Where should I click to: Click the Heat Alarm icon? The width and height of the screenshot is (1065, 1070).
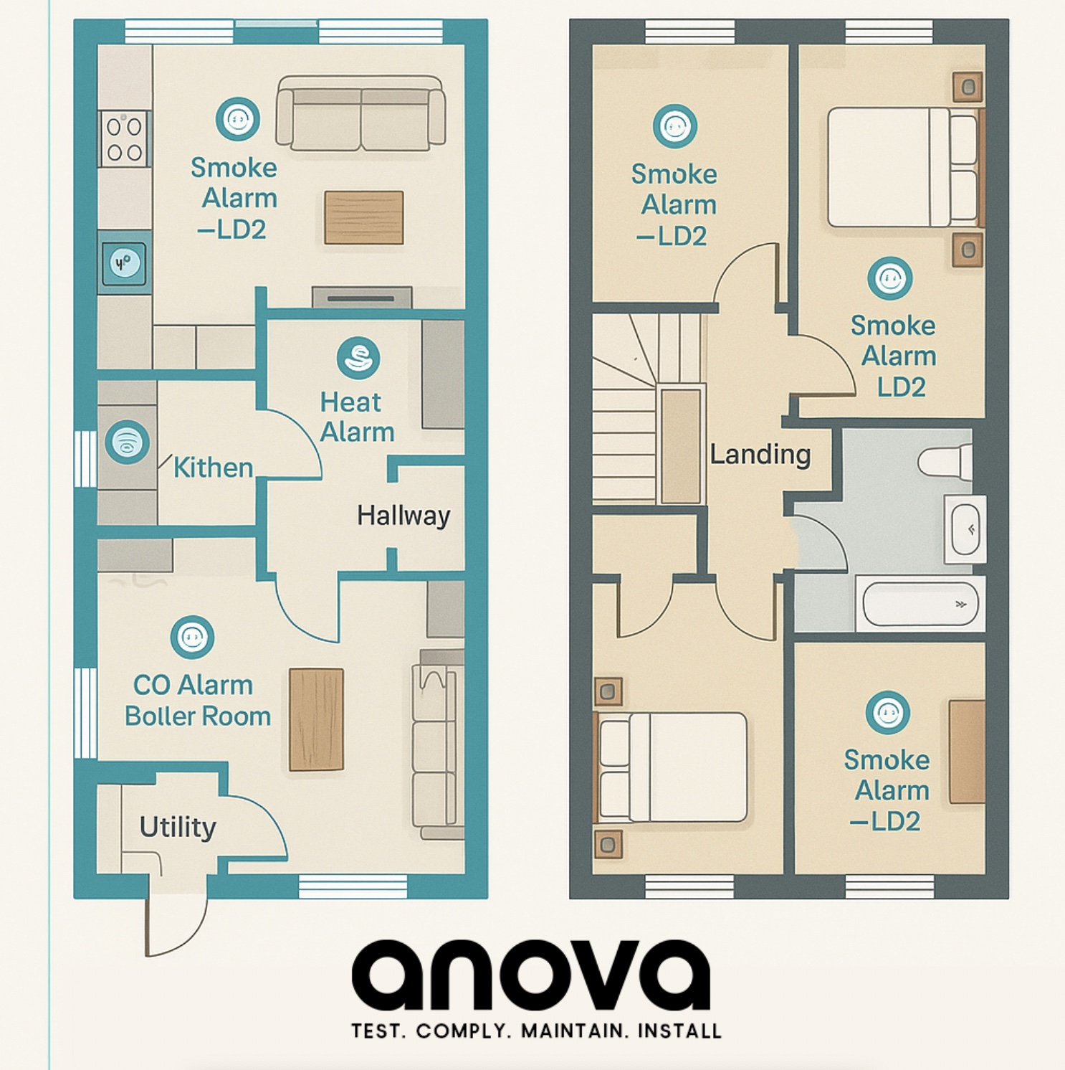click(358, 358)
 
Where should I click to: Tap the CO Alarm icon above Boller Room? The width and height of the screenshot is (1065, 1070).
click(192, 637)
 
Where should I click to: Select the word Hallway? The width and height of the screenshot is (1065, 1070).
click(403, 516)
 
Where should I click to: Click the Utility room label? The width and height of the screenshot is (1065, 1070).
click(178, 827)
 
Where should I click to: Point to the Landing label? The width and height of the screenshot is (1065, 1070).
click(760, 454)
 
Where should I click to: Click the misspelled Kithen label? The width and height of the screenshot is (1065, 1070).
click(213, 468)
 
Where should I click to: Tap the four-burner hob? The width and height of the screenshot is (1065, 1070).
click(125, 138)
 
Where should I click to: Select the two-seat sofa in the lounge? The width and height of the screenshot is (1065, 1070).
click(361, 113)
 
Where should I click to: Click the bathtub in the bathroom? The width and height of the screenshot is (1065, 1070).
click(921, 604)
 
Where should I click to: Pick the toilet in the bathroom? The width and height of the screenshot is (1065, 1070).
click(945, 461)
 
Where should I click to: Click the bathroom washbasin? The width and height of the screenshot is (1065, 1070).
click(965, 529)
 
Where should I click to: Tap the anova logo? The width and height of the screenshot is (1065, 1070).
click(531, 975)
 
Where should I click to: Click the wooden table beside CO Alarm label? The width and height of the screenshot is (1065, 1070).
click(316, 719)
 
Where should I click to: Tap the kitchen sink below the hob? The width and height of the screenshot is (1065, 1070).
click(125, 263)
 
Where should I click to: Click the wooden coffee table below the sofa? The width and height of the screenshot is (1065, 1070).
click(364, 217)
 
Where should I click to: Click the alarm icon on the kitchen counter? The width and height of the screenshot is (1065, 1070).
click(128, 442)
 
